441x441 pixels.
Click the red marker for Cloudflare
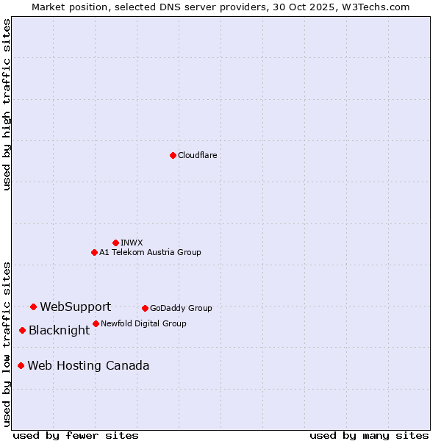point(173,155)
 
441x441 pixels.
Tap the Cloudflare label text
point(197,155)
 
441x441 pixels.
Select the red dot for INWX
point(115,243)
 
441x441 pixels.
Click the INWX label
point(132,243)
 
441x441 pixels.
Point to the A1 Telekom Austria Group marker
point(94,252)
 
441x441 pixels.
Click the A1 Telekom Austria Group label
point(150,252)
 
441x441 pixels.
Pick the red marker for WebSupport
point(33,306)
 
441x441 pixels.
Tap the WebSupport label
point(75,306)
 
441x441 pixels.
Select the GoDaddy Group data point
point(145,308)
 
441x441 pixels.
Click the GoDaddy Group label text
point(181,308)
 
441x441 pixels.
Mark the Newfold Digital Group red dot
point(96,323)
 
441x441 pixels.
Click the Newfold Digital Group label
point(143,323)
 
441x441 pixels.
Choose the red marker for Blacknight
point(22,330)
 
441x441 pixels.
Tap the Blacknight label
point(59,330)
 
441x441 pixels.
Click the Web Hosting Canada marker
point(21,365)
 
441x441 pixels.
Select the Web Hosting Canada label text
point(88,365)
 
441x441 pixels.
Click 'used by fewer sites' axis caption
point(76,435)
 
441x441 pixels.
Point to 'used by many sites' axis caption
point(369,435)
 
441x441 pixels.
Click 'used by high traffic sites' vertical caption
point(7,104)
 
